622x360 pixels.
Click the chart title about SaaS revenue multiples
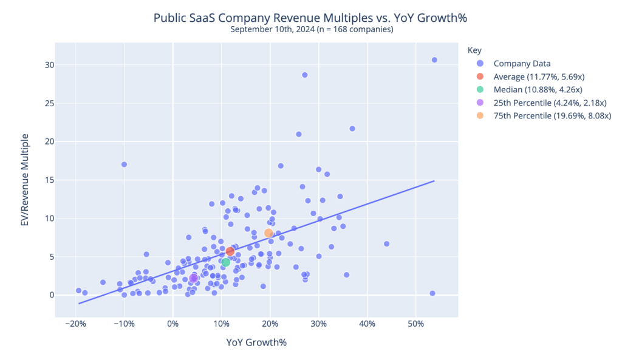point(310,18)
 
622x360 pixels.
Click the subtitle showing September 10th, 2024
point(310,29)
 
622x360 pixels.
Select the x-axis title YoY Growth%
point(256,342)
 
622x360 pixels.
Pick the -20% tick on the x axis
point(76,324)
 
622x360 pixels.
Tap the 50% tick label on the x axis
point(415,324)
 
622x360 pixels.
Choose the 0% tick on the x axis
point(173,324)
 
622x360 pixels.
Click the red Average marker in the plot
point(230,251)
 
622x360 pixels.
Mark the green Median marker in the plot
point(225,262)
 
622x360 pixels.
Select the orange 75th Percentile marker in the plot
point(268,233)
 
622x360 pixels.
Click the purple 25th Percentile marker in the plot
point(193,278)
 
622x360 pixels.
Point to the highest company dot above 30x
point(434,59)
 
